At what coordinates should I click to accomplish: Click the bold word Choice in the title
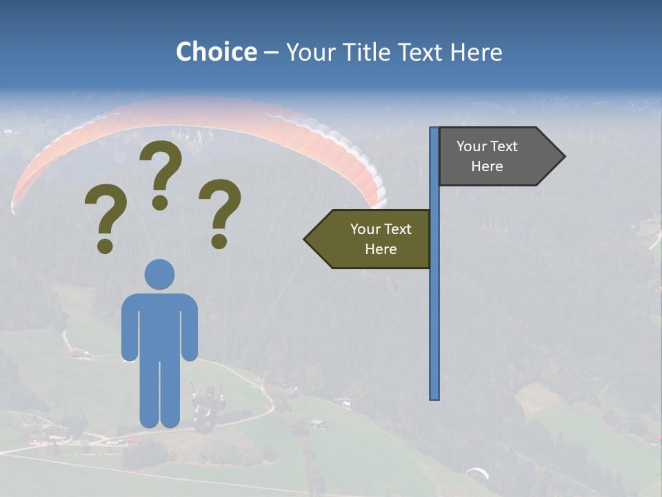coord(216,52)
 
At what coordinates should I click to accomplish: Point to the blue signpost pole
coord(434,311)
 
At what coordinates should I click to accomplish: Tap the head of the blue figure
coord(159,274)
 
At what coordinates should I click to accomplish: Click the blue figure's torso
coord(159,324)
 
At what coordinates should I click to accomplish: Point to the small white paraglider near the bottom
coord(477,474)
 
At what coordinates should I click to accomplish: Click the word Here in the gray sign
coord(487,166)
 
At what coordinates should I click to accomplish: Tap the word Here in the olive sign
coord(381,249)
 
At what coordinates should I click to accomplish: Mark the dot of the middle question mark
coord(160,202)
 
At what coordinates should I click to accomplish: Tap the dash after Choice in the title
coord(271,53)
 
